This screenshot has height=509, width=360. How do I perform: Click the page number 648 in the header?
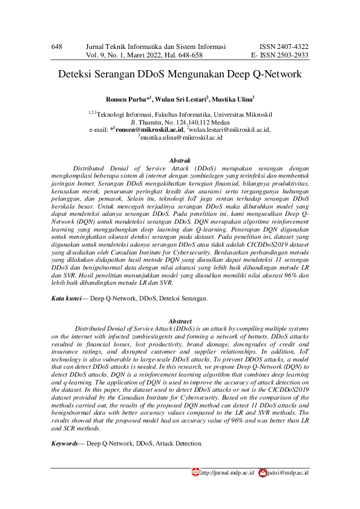(57, 46)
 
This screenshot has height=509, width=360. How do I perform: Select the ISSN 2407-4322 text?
(284, 46)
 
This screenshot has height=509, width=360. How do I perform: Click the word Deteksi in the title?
(76, 76)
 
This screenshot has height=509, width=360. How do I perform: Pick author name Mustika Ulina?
(233, 99)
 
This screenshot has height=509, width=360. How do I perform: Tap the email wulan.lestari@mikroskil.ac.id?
(231, 129)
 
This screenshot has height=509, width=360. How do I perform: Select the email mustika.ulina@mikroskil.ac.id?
(182, 138)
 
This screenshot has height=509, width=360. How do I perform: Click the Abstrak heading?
(180, 158)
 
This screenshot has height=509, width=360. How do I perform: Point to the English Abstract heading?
(180, 321)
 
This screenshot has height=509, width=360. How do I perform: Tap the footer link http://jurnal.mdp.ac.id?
(226, 472)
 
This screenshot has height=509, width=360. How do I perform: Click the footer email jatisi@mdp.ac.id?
(288, 472)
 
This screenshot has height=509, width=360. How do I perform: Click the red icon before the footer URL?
(195, 472)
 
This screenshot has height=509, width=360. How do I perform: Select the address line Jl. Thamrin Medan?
(180, 121)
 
